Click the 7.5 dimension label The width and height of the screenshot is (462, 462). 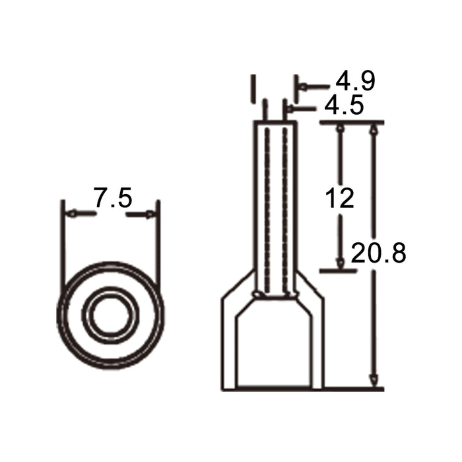click(113, 197)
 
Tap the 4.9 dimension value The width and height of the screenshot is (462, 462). click(356, 81)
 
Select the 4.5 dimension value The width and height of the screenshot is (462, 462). click(344, 104)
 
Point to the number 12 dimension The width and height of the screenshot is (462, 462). click(340, 198)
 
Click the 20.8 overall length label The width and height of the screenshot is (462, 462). click(379, 253)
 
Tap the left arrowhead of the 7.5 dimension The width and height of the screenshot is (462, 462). click(72, 213)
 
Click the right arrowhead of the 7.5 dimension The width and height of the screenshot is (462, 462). click(150, 214)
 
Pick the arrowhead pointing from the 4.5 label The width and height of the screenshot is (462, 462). click(290, 110)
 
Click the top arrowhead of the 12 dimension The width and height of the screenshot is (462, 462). click(341, 129)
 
